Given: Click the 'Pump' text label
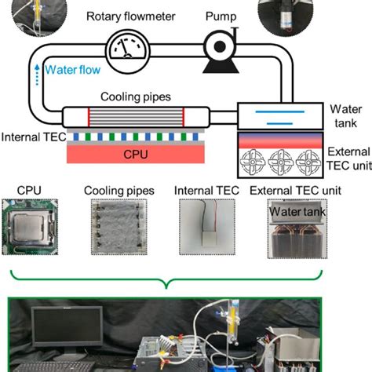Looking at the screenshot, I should click(219, 15).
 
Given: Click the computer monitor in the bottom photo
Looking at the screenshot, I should click(67, 330).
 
